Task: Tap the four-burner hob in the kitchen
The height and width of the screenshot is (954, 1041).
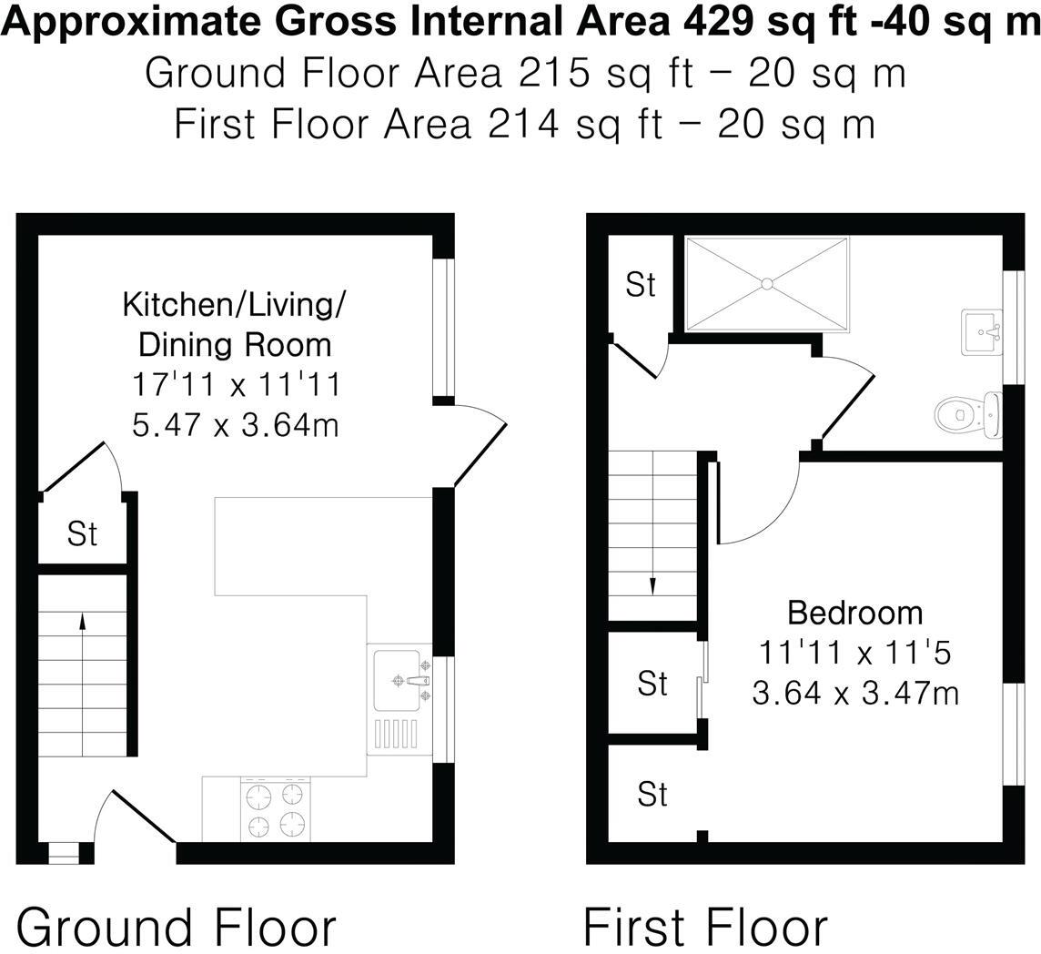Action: (275, 810)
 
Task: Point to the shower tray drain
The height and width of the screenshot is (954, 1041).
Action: (766, 283)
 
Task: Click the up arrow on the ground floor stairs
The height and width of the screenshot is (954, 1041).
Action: (83, 622)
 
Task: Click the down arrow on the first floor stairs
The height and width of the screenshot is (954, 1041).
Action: (652, 585)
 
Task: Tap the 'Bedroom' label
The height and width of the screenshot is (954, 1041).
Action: (854, 613)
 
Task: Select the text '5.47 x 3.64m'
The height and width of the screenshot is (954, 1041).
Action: (236, 424)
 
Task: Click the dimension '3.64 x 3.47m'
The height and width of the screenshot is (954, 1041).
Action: (854, 694)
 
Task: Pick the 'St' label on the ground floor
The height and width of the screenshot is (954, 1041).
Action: (82, 534)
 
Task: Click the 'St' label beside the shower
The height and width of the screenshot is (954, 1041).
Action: (641, 285)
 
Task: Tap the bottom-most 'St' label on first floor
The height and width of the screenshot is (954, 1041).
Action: (652, 795)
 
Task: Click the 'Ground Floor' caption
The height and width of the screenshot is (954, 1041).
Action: (177, 927)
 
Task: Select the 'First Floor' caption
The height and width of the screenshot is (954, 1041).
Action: (705, 927)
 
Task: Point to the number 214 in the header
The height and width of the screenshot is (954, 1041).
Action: (523, 123)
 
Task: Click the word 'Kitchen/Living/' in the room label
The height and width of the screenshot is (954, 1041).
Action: (234, 304)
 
